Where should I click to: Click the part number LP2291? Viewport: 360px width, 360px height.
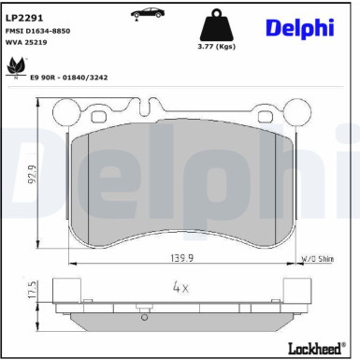[x=25, y=16]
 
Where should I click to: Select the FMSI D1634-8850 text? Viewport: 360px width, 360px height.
[x=41, y=31]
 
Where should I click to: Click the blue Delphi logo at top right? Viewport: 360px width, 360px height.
[x=298, y=27]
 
